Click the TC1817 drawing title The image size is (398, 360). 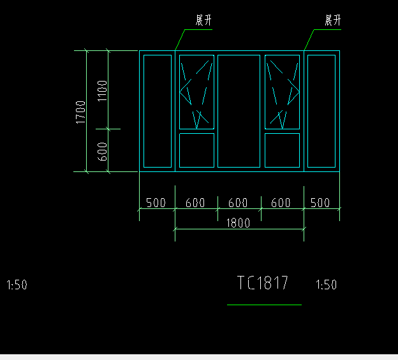click(262, 282)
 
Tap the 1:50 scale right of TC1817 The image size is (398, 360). click(326, 284)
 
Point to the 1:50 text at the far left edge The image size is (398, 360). click(17, 285)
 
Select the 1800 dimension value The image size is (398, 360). click(238, 223)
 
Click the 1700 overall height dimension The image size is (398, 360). click(81, 112)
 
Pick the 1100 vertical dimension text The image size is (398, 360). click(102, 90)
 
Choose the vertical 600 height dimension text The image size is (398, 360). click(102, 152)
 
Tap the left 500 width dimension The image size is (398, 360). click(156, 203)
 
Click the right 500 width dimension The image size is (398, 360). click(320, 203)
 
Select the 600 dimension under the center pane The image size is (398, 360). click(238, 203)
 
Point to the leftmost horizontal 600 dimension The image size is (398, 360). click(195, 203)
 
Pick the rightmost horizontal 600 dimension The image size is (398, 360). click(281, 203)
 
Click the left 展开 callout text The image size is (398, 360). click(203, 20)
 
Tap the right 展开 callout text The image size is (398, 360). click(333, 20)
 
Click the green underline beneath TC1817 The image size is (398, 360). click(264, 305)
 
